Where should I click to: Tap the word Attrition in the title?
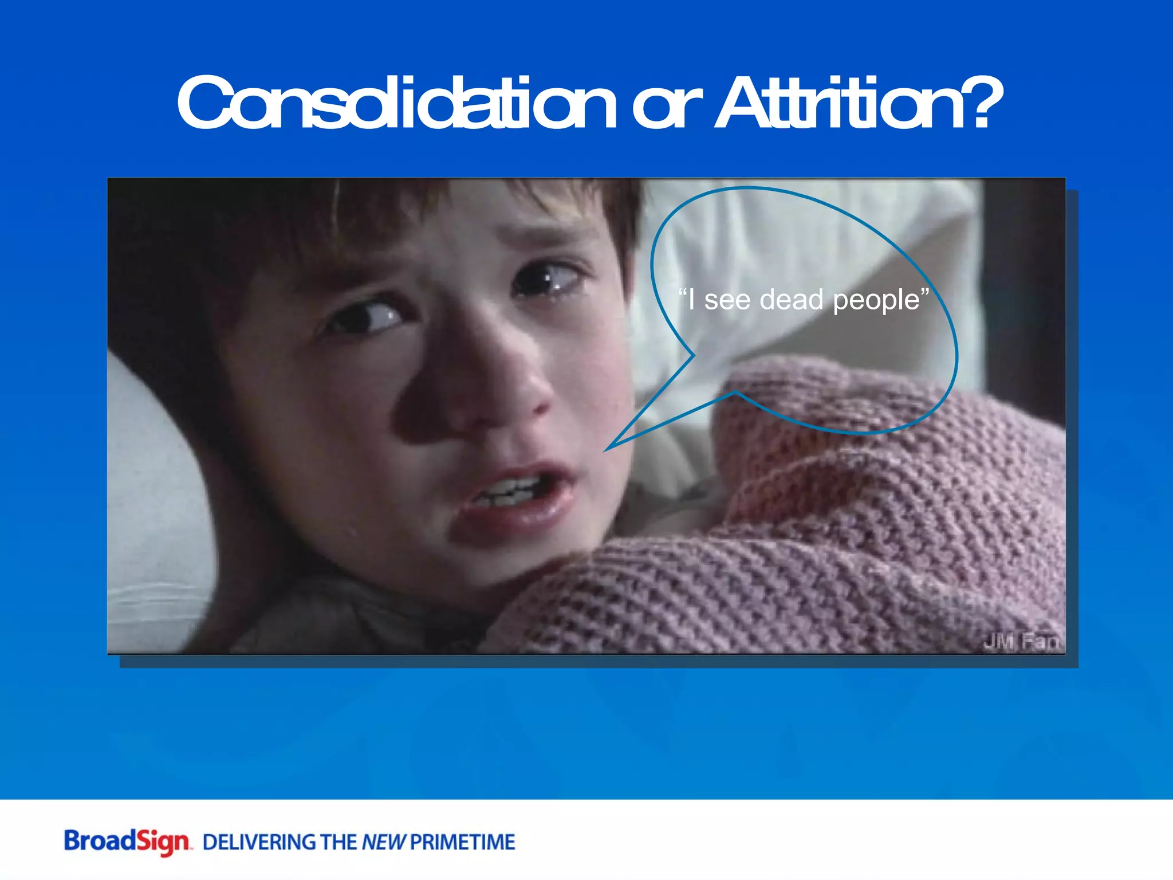(x=842, y=103)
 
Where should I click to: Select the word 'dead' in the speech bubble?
(x=791, y=300)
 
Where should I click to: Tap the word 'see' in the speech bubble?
(x=727, y=300)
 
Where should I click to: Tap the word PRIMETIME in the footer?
(x=462, y=843)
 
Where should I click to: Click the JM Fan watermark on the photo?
(x=1021, y=642)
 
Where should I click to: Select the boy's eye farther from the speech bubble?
(x=372, y=315)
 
